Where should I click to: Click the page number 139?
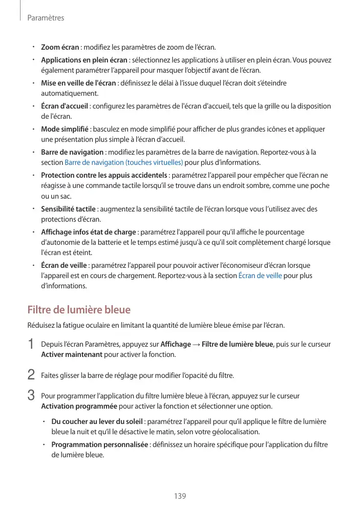(180, 496)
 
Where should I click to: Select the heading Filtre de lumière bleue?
(79, 310)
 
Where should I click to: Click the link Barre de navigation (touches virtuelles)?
(124, 163)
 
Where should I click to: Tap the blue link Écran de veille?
(260, 276)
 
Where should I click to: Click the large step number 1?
(31, 345)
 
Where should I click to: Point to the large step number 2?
(31, 375)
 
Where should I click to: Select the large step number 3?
(31, 396)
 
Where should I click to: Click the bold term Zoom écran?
(60, 48)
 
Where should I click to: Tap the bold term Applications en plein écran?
(84, 60)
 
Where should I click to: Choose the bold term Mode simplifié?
(65, 129)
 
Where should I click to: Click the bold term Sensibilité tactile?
(68, 209)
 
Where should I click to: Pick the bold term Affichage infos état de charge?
(88, 232)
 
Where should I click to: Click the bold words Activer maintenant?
(72, 354)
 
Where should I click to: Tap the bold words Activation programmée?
(79, 407)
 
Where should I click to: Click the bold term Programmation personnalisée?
(100, 444)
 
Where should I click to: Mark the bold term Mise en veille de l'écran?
(78, 83)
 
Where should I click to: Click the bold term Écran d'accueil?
(65, 107)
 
